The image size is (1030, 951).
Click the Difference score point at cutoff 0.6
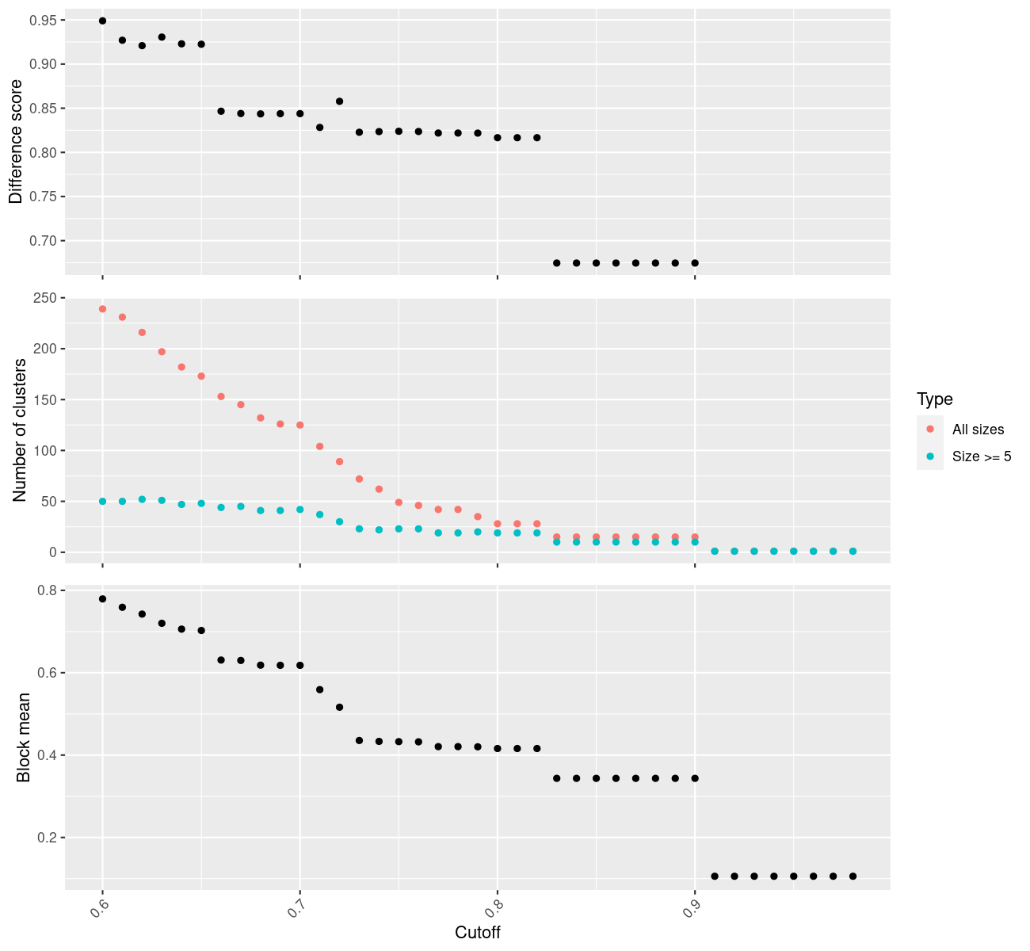click(x=102, y=21)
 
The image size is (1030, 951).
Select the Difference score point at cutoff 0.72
click(x=339, y=101)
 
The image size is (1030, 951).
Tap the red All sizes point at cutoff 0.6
click(x=102, y=309)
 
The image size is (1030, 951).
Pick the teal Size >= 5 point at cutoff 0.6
click(x=102, y=502)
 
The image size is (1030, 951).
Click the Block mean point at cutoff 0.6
click(x=102, y=599)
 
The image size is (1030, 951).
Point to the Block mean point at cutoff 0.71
click(x=319, y=689)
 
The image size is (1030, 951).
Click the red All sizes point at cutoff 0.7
click(x=299, y=426)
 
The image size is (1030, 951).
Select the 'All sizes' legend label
click(x=978, y=430)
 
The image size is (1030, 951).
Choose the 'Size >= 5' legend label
click(x=982, y=456)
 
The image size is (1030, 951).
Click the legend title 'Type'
click(x=934, y=399)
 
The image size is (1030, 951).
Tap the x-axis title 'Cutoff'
click(x=477, y=932)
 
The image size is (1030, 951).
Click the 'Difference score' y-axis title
click(x=16, y=141)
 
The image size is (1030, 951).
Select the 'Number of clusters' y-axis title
click(x=21, y=430)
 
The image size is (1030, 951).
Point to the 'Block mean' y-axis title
click(x=24, y=737)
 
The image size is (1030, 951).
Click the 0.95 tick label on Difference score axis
click(x=44, y=20)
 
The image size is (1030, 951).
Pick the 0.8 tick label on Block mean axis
click(x=47, y=590)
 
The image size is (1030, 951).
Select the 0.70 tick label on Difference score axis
click(x=44, y=241)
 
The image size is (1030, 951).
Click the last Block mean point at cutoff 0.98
click(x=853, y=876)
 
